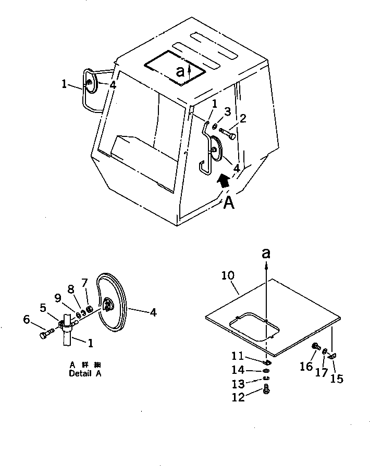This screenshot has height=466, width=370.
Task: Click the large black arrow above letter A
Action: point(223,182)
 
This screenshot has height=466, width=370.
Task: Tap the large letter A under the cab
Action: point(229,203)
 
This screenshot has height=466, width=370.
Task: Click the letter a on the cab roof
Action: point(180,72)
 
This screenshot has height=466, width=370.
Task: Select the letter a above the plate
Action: point(266,254)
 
